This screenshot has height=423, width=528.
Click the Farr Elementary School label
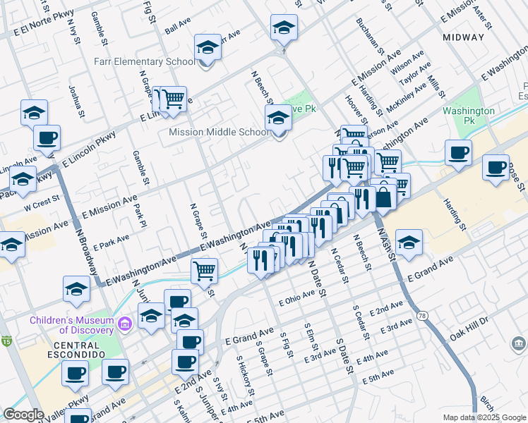point(144,62)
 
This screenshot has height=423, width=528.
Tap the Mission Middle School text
point(218,132)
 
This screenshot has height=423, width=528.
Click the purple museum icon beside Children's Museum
point(126,324)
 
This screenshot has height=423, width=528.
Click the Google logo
point(23,415)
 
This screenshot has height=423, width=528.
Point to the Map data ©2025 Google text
point(484,417)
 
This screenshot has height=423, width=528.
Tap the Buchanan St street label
point(369,37)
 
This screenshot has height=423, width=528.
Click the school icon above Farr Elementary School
point(208,48)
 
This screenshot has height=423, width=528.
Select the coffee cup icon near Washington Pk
point(457,152)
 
